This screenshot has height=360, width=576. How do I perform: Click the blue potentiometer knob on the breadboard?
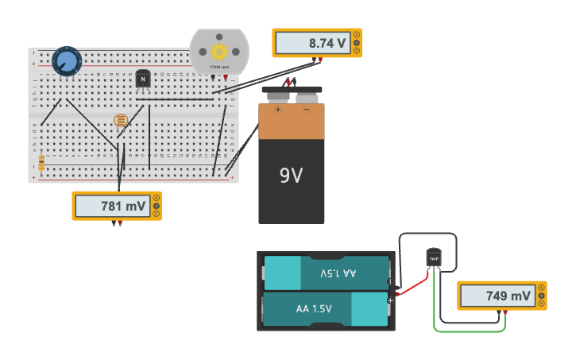[67, 61]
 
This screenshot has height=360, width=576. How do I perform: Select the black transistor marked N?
[143, 79]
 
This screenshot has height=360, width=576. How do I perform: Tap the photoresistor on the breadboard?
[121, 120]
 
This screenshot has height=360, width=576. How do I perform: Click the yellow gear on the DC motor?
[218, 52]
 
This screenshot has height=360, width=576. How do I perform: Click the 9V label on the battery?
[291, 176]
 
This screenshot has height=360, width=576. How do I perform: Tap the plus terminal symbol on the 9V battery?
[278, 109]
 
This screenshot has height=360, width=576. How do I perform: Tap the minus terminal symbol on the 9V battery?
[307, 109]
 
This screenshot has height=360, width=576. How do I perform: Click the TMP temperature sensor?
[433, 257]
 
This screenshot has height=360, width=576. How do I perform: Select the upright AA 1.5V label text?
[314, 309]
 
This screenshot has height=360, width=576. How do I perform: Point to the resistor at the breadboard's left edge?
[41, 164]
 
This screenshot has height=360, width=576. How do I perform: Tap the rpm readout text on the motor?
[218, 68]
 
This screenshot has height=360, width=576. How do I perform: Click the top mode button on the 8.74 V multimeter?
[357, 34]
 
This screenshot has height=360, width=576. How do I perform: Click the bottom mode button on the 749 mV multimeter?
[541, 304]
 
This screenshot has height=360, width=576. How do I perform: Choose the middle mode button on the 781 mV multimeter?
[157, 206]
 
